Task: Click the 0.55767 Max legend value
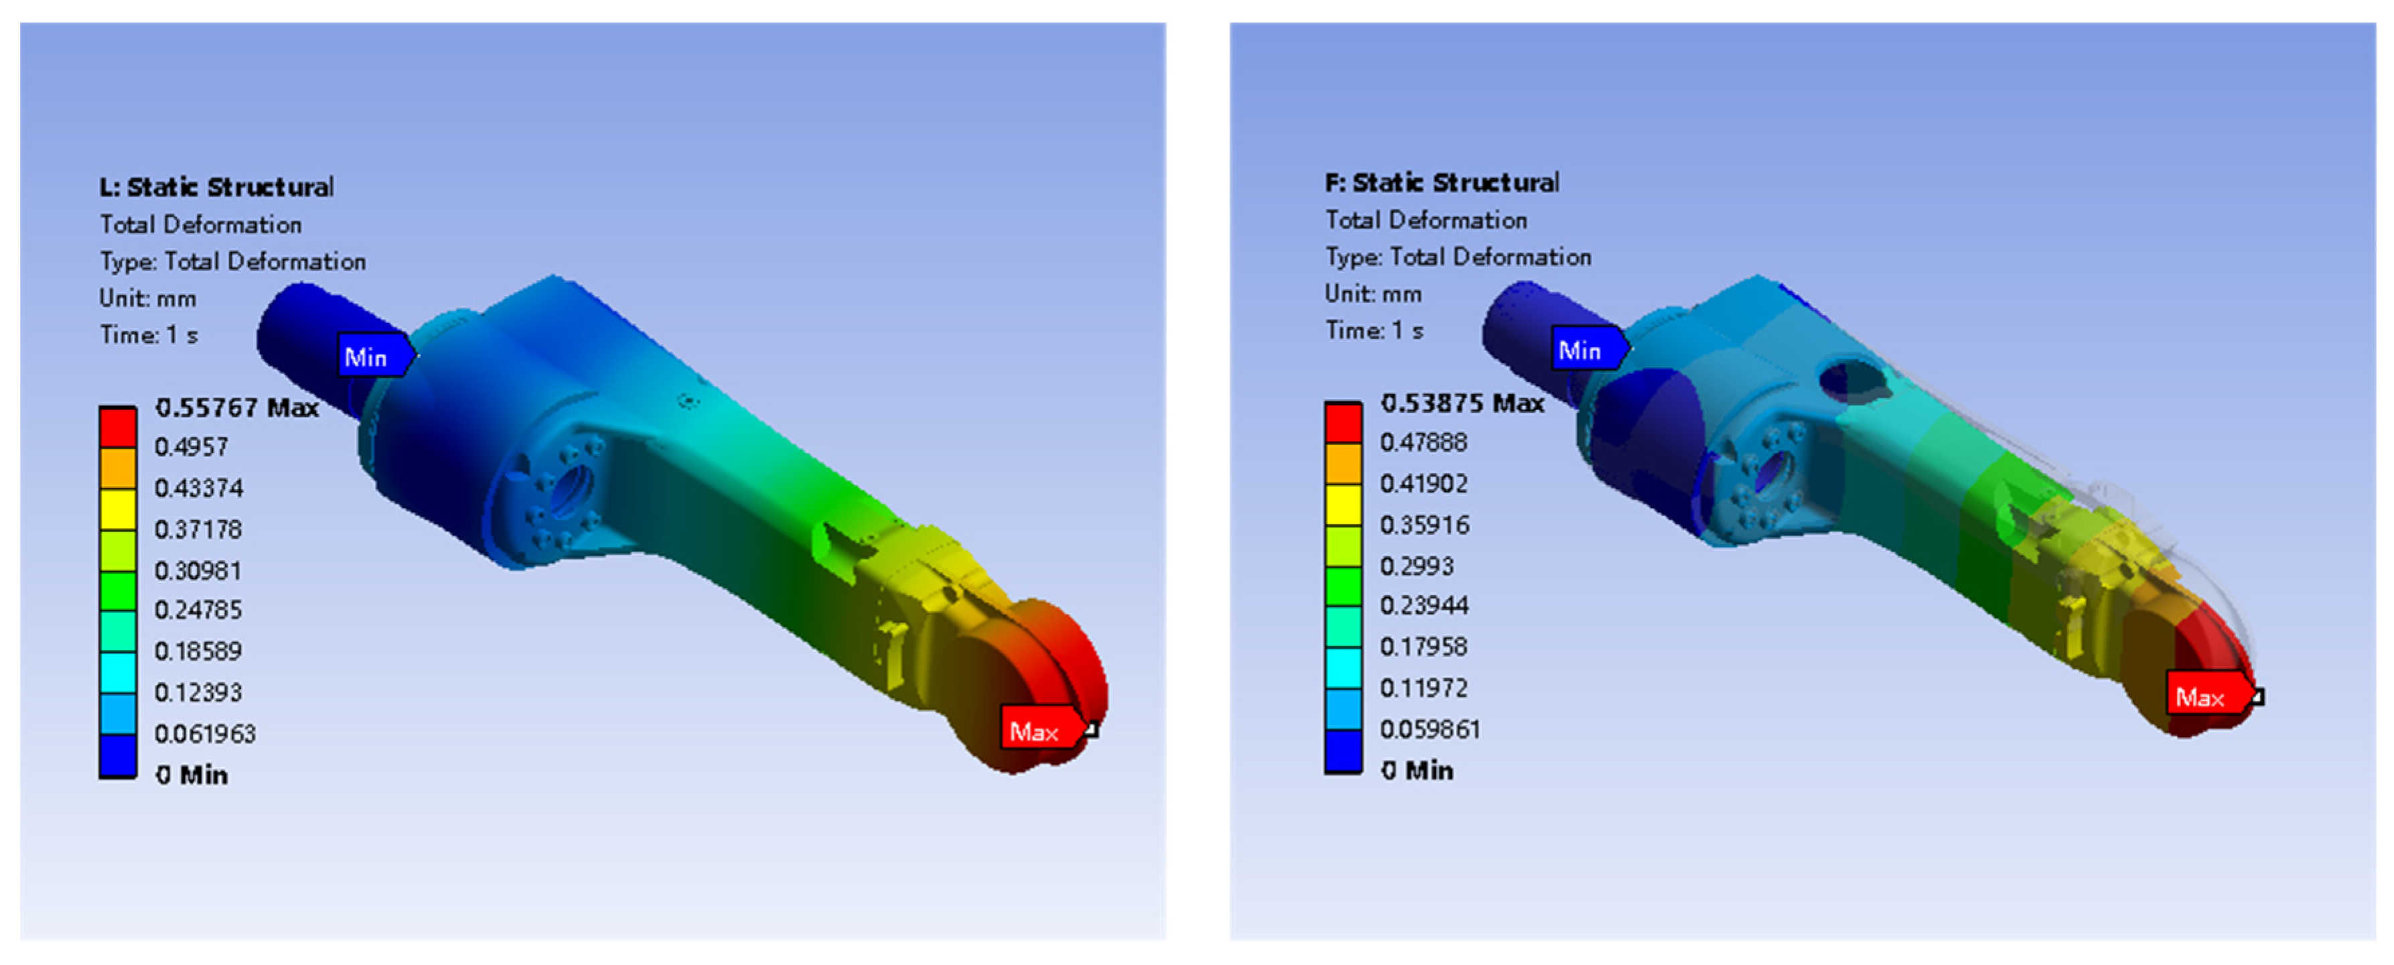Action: [x=237, y=407]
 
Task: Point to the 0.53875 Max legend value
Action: [x=1462, y=403]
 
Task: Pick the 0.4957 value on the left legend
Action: [x=192, y=447]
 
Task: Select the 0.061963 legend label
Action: [x=204, y=734]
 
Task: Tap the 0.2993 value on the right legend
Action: [x=1416, y=565]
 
